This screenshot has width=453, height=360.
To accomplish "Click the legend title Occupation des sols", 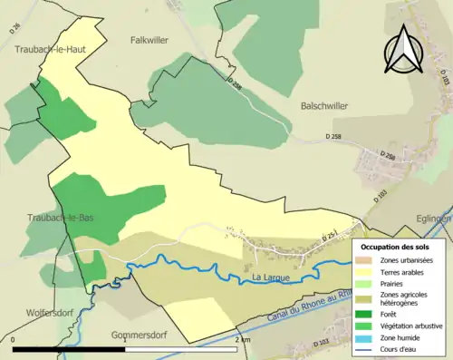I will (395, 247).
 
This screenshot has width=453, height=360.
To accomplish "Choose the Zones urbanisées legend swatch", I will (367, 259).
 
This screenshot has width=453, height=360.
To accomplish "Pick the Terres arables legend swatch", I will (367, 271).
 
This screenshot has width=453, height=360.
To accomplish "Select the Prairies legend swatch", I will (367, 283).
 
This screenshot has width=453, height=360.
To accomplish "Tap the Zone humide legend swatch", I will (367, 338).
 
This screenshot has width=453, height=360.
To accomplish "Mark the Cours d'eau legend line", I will (367, 349).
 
